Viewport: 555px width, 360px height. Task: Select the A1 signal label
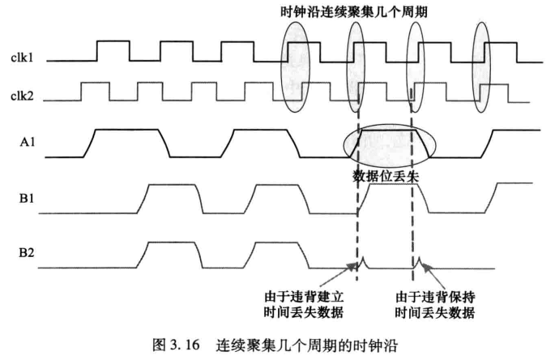point(24,147)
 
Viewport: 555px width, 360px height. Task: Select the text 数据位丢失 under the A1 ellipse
point(385,176)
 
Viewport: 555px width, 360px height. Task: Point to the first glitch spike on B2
point(362,262)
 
